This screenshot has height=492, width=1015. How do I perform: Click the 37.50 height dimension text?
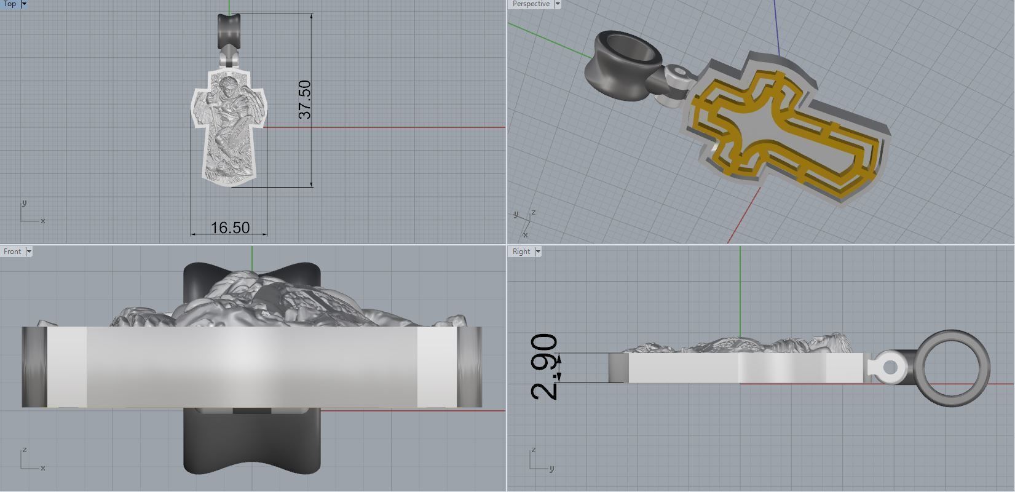304,99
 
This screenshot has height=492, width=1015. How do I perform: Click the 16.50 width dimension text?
230,228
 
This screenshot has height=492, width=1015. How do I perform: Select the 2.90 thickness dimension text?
543,367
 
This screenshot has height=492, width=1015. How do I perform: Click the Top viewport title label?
10,4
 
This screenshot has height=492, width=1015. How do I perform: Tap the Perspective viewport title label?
531,4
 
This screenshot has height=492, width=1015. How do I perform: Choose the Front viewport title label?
12,252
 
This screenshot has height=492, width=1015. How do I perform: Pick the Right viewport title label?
521,252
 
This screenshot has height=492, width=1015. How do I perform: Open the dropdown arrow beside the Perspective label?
558,4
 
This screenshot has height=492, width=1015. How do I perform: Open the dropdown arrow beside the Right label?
538,252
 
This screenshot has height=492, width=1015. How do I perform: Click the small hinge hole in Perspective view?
679,72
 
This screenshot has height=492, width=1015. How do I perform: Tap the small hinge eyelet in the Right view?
890,368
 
